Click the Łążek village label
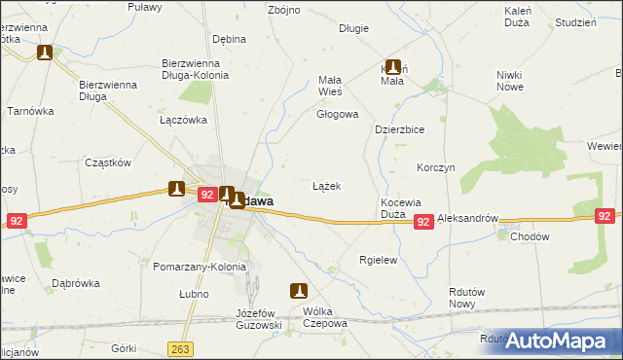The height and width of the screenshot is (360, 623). pyautogui.click(x=326, y=185)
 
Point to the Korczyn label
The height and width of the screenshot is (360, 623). pyautogui.click(x=435, y=167)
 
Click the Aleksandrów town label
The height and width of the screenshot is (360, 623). pyautogui.click(x=467, y=220)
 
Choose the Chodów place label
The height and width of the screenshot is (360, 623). pyautogui.click(x=530, y=235)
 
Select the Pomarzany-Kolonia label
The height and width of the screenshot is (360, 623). pyautogui.click(x=201, y=267)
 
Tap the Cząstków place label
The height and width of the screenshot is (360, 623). pyautogui.click(x=108, y=162)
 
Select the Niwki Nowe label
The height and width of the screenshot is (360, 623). pyautogui.click(x=509, y=81)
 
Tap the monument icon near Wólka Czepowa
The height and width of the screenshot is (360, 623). pyautogui.click(x=299, y=290)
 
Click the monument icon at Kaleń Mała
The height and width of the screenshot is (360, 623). pyautogui.click(x=393, y=67)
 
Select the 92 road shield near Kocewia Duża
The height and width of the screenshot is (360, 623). pyautogui.click(x=423, y=223)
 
